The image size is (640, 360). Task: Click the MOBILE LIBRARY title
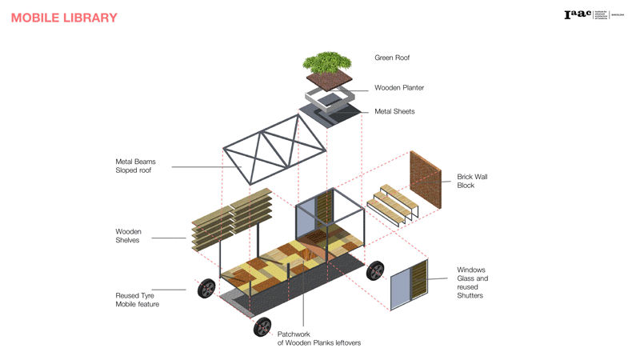[x=64, y=18]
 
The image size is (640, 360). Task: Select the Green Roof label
[x=392, y=58]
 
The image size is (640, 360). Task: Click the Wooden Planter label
[x=399, y=88]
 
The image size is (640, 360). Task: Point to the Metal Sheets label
[x=394, y=111]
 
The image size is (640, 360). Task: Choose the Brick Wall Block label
[x=472, y=181]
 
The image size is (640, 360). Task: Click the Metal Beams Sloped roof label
[x=135, y=166]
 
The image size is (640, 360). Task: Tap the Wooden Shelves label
[x=128, y=236]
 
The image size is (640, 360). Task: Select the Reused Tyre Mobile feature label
[x=137, y=300]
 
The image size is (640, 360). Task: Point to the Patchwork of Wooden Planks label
[x=318, y=338]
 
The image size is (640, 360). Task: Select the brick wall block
[x=425, y=182]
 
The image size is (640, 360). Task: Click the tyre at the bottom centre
[x=262, y=326]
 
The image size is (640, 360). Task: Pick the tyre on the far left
[x=206, y=288]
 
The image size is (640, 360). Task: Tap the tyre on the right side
[x=375, y=271]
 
